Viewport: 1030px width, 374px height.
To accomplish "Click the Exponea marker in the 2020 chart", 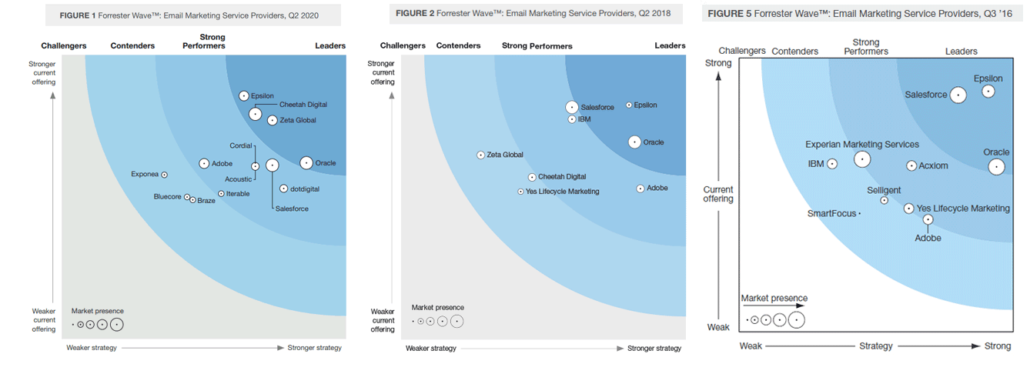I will [x=164, y=175].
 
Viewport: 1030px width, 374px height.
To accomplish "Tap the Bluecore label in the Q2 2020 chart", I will [x=167, y=197].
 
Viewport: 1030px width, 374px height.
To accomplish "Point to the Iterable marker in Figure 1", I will [x=221, y=194].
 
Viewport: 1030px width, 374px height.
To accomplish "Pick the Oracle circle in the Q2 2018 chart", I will [x=634, y=142].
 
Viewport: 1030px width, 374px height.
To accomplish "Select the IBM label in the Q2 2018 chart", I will [x=584, y=119].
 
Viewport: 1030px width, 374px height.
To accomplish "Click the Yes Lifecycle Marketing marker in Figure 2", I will [x=520, y=192].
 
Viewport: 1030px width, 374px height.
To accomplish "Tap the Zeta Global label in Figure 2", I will [x=505, y=155].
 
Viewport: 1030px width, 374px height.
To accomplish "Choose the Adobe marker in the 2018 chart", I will [x=640, y=189].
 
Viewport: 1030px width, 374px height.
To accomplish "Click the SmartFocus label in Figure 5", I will [x=831, y=214].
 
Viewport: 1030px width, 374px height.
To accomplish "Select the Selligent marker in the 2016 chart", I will [x=884, y=200].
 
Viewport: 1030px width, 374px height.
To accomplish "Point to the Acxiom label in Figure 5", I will [x=934, y=165].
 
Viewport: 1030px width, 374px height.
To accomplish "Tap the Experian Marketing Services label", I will [x=862, y=145].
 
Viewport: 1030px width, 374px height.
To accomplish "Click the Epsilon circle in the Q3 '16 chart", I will [x=988, y=92].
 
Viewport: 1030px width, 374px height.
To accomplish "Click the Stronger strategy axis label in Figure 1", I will [x=314, y=348].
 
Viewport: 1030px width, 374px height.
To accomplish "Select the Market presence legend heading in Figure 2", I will [x=438, y=308].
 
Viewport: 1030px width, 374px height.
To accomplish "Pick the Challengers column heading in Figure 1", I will [x=64, y=46].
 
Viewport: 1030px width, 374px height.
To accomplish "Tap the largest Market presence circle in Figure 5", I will [x=796, y=320].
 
